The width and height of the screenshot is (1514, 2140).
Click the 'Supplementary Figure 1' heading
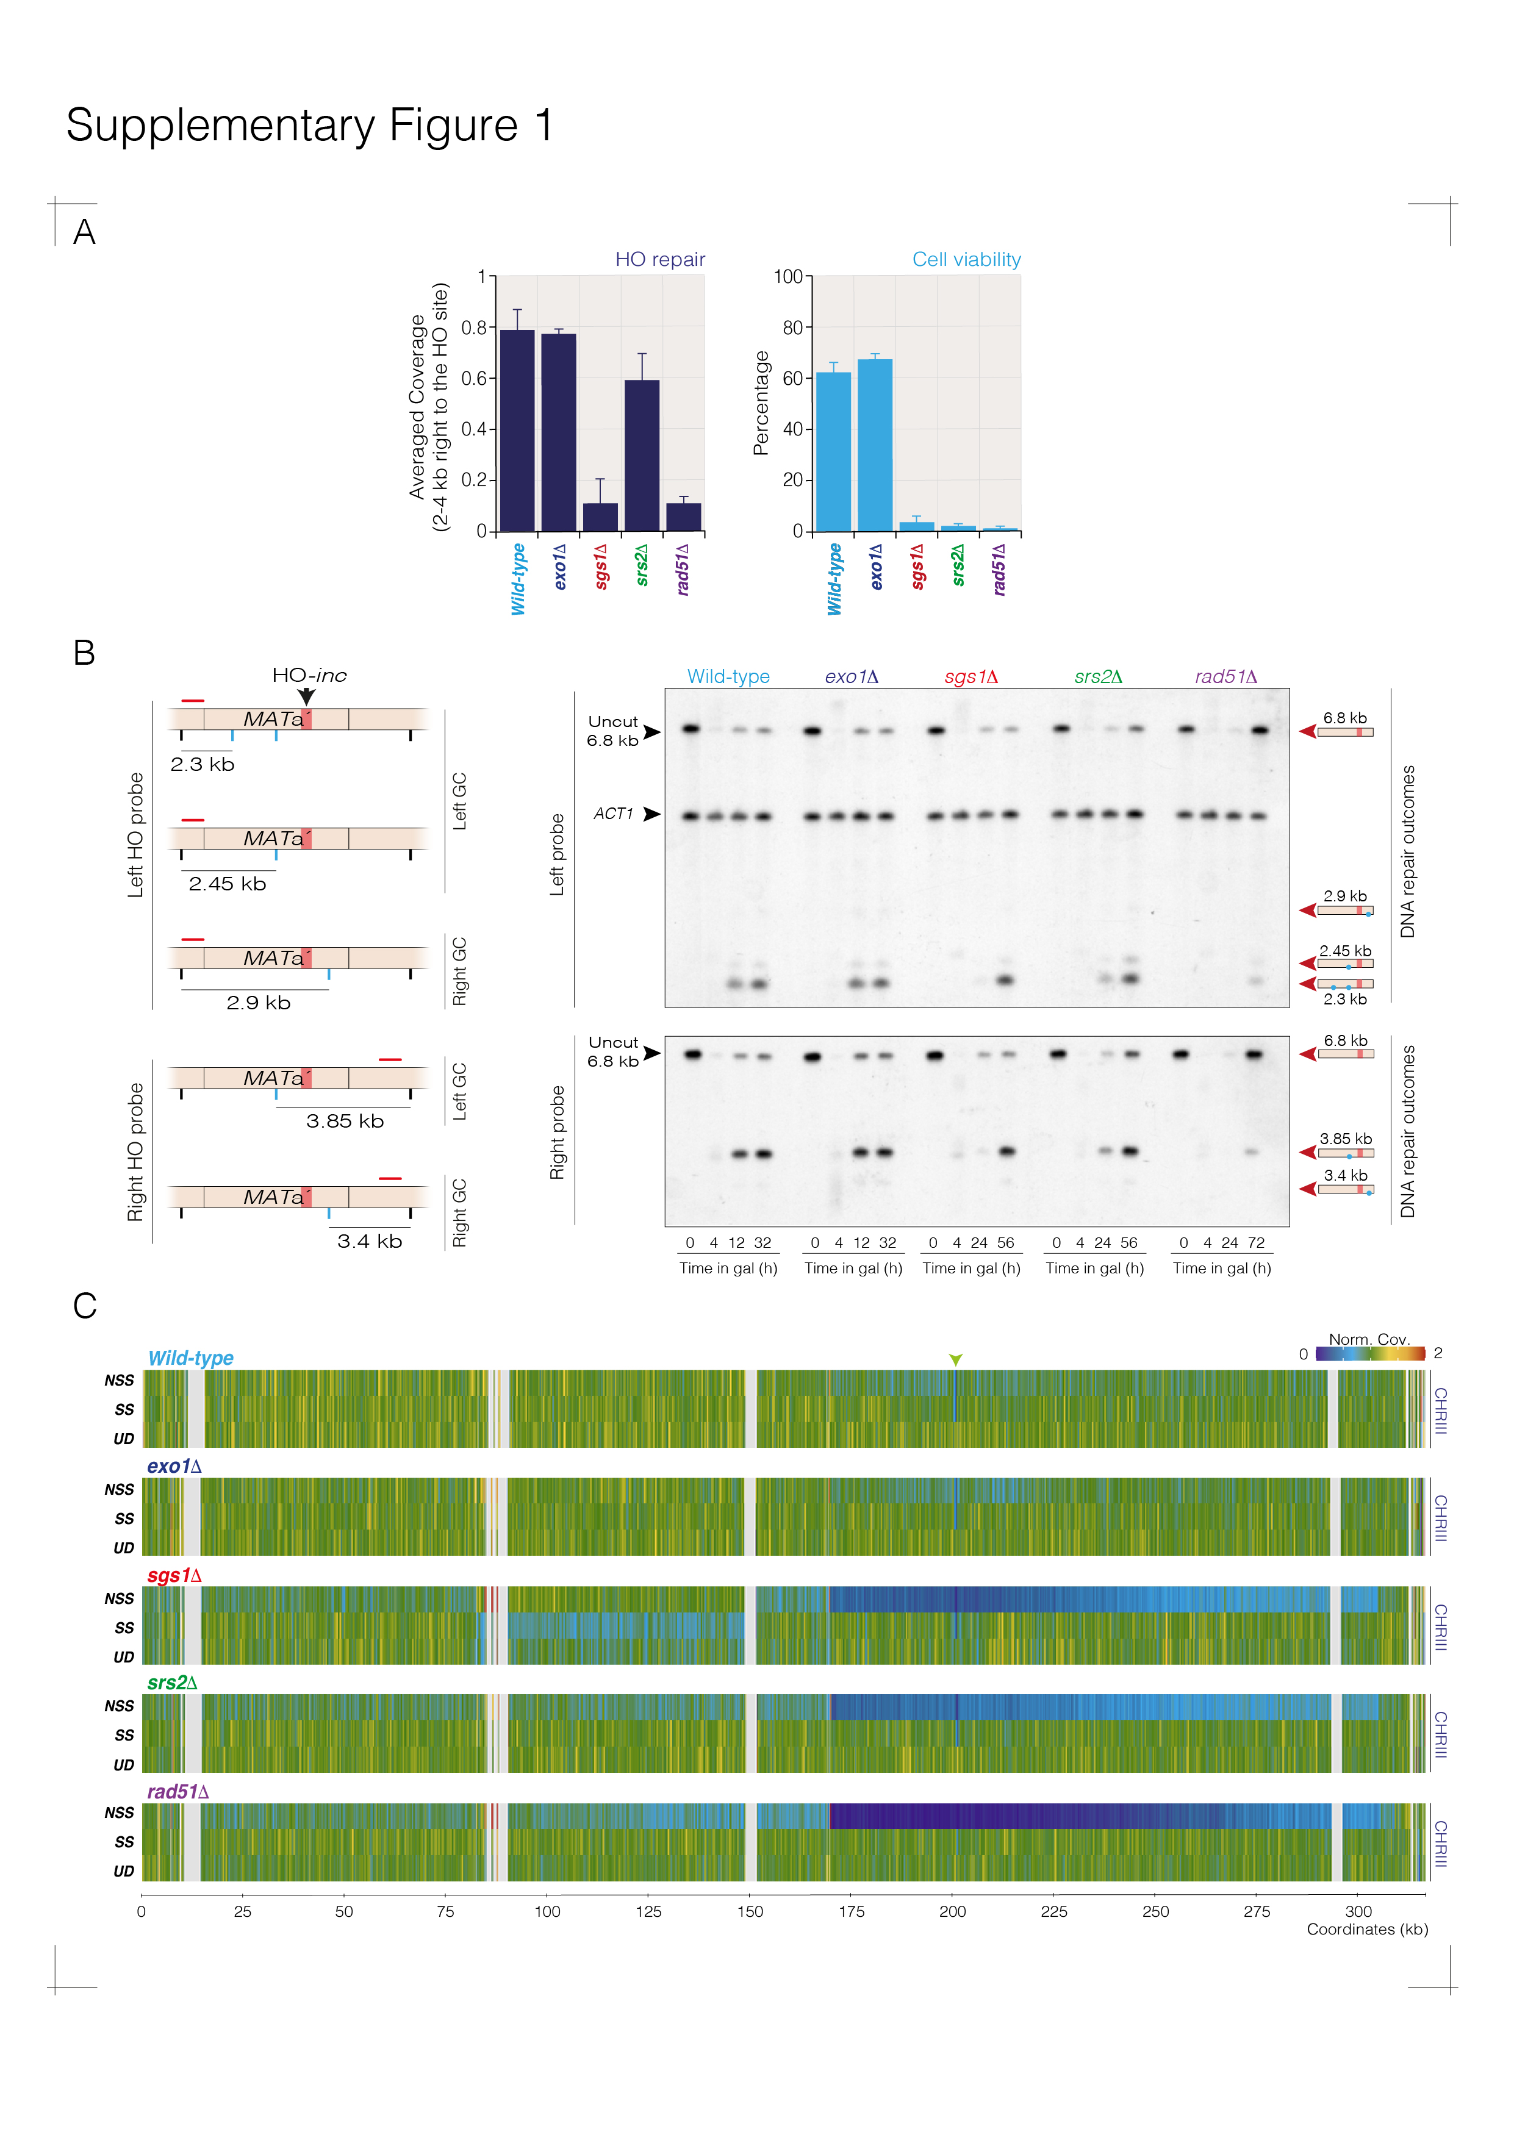[x=309, y=126]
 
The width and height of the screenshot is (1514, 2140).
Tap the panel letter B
[x=84, y=653]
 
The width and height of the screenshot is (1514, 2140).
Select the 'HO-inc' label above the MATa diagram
[x=309, y=675]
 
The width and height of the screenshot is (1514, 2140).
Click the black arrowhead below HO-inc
[x=307, y=696]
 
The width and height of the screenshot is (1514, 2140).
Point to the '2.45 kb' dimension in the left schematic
[x=228, y=884]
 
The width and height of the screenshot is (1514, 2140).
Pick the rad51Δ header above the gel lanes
[x=1226, y=677]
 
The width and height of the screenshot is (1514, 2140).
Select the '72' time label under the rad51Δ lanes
[x=1256, y=1242]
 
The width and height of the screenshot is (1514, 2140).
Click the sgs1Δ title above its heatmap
[x=174, y=1575]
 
